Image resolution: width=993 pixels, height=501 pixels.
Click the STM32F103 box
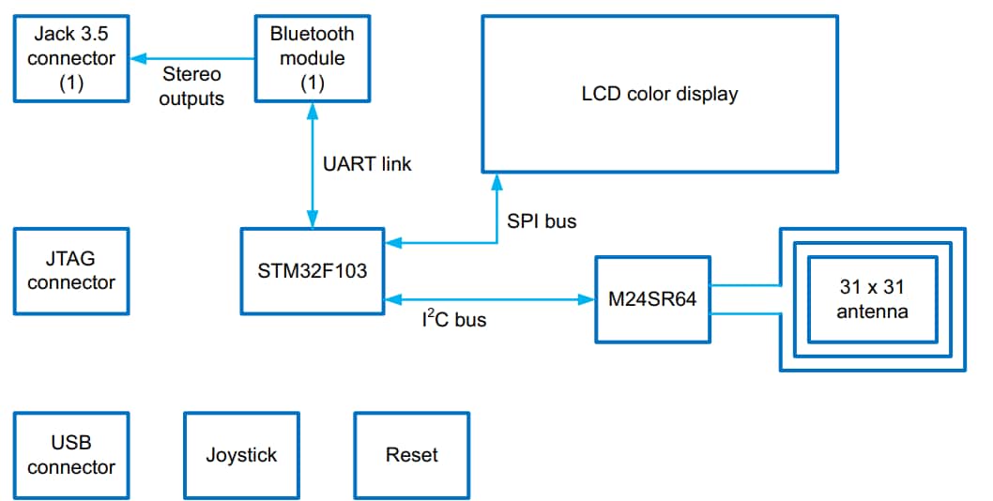(313, 271)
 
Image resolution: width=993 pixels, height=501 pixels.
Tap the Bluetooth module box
(312, 58)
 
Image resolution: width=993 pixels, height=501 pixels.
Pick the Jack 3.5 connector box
(71, 58)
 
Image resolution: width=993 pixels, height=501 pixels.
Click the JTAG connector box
(71, 271)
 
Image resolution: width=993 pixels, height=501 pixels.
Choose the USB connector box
(71, 455)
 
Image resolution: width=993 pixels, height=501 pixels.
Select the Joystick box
(241, 455)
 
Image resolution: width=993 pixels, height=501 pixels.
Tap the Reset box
(411, 455)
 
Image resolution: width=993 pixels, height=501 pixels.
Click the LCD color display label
(659, 94)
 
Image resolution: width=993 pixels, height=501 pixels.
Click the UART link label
(367, 164)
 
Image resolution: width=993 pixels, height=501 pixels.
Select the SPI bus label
(542, 221)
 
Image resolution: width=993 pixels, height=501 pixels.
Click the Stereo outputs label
(191, 85)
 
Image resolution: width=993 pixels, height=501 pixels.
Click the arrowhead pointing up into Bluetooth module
(312, 110)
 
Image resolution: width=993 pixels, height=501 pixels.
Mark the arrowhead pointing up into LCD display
(497, 181)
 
